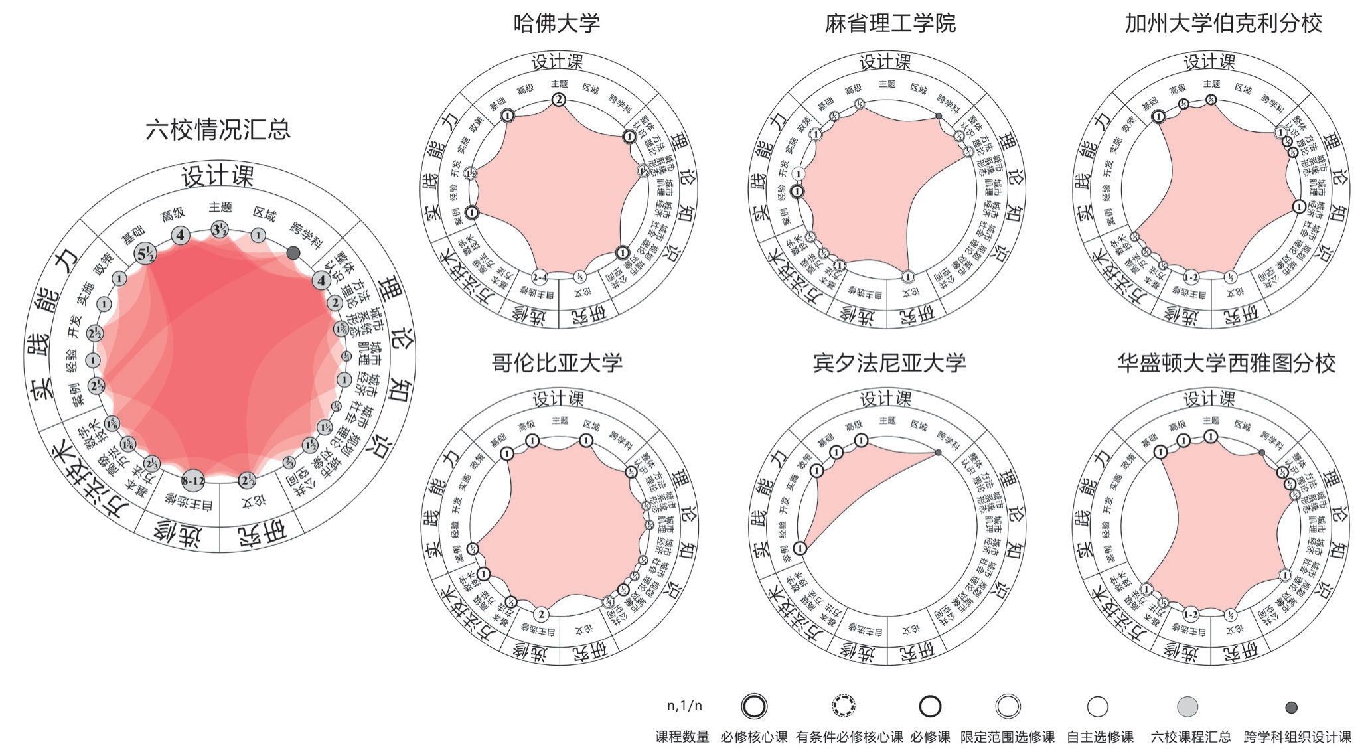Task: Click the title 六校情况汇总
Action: [218, 129]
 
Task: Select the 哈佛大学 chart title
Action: [556, 23]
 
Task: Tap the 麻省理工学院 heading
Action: [890, 23]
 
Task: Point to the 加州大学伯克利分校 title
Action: [1223, 23]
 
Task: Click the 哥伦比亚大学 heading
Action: [556, 362]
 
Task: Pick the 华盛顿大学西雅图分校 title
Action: [1225, 362]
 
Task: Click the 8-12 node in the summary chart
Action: [193, 481]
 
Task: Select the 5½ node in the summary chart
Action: [145, 253]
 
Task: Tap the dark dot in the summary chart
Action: [293, 253]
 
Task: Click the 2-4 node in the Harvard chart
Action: [540, 277]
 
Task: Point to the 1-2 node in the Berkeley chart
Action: [1191, 277]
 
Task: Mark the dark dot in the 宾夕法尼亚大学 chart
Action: [938, 453]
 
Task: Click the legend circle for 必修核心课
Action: [754, 706]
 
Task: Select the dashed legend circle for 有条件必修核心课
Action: [844, 706]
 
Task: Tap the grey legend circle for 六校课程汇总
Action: [1187, 706]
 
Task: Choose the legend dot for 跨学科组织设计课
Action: [1291, 708]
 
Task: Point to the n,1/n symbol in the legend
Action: [684, 706]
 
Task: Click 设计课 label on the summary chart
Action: [218, 177]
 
